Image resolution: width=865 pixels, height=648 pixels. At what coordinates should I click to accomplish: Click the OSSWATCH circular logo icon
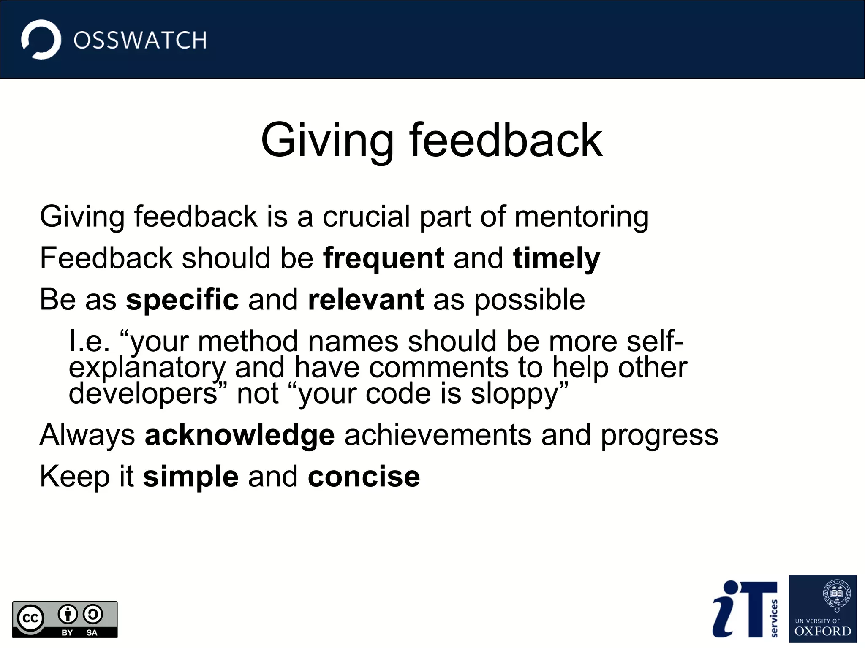(41, 39)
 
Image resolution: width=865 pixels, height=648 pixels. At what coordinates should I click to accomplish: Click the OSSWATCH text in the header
(140, 41)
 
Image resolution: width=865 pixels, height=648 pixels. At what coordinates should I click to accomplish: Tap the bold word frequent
(383, 258)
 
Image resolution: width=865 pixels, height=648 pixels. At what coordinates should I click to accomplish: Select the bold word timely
(556, 258)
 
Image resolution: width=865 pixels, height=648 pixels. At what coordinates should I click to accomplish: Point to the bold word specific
(182, 300)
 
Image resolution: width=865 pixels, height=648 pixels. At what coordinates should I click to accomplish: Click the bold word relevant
(366, 300)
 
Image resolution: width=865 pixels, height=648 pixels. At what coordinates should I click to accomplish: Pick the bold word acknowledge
(239, 435)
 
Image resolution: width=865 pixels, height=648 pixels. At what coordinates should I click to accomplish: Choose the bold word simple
(190, 477)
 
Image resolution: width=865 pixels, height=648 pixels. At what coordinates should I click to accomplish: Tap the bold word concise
(364, 477)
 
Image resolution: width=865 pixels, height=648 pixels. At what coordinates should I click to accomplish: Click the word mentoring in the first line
(581, 217)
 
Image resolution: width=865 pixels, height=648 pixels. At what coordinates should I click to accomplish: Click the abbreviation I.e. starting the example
(89, 341)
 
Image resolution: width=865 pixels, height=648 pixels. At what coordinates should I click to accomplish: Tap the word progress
(659, 435)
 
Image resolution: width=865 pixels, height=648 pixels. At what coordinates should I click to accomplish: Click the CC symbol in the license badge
(30, 618)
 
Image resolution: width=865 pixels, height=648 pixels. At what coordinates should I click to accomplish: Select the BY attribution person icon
(68, 615)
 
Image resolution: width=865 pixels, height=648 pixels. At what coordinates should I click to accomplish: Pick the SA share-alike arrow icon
(92, 615)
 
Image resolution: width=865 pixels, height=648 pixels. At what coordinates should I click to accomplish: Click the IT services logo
(745, 609)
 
